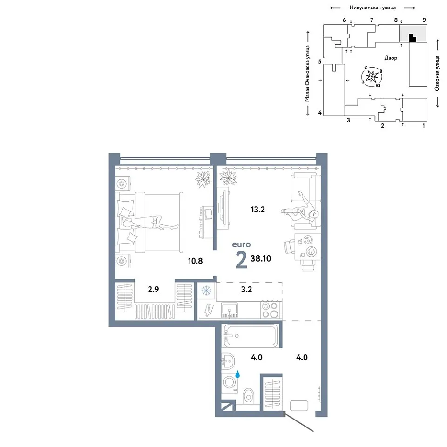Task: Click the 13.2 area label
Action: (257, 210)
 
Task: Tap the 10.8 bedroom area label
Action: (195, 261)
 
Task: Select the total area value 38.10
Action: (261, 258)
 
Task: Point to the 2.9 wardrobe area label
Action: (153, 289)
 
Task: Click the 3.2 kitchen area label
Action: (246, 289)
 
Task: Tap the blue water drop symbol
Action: (237, 374)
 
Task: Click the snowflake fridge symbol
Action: (205, 291)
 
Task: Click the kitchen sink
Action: (230, 311)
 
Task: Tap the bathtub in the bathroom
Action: (251, 336)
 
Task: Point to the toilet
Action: (249, 396)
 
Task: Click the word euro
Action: (241, 244)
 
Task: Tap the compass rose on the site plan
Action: (372, 76)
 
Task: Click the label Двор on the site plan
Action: (391, 58)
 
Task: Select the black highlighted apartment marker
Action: (412, 39)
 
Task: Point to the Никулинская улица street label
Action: (372, 8)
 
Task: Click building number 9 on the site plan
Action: (424, 20)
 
